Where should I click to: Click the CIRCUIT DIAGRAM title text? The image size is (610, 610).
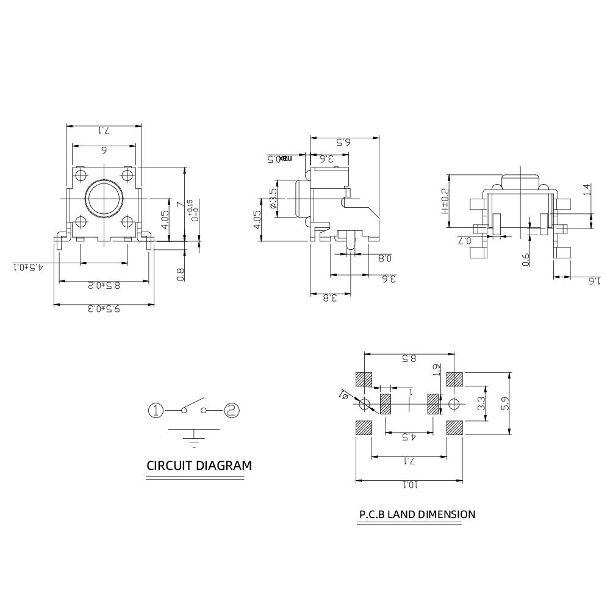pyautogui.click(x=199, y=466)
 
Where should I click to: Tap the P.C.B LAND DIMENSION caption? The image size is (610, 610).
pyautogui.click(x=417, y=514)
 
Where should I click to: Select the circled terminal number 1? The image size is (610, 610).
pyautogui.click(x=157, y=410)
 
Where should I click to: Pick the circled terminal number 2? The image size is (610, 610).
pyautogui.click(x=231, y=410)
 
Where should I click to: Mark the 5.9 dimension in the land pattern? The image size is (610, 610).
pyautogui.click(x=504, y=403)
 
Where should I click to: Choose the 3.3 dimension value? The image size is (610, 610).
pyautogui.click(x=481, y=403)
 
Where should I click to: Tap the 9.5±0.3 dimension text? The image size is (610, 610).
pyautogui.click(x=104, y=309)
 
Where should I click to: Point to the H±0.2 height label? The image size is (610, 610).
pyautogui.click(x=445, y=200)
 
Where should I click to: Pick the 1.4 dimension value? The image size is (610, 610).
pyautogui.click(x=587, y=190)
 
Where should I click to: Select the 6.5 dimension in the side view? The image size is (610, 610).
pyautogui.click(x=345, y=142)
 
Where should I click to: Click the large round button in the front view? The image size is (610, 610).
pyautogui.click(x=104, y=199)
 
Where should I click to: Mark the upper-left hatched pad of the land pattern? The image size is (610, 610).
pyautogui.click(x=364, y=379)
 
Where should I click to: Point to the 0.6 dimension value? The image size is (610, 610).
pyautogui.click(x=525, y=260)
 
